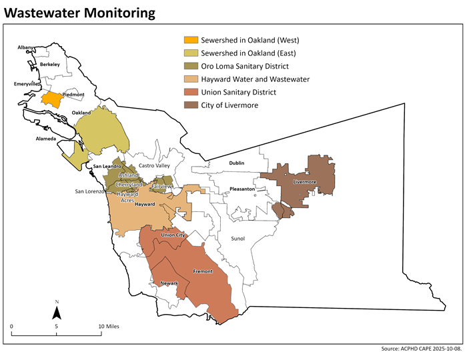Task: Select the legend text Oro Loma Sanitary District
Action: point(246,66)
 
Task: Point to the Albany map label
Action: point(25,48)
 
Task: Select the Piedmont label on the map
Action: point(73,95)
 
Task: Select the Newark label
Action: point(169,283)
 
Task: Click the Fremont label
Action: point(202,272)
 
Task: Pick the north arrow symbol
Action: point(57,311)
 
